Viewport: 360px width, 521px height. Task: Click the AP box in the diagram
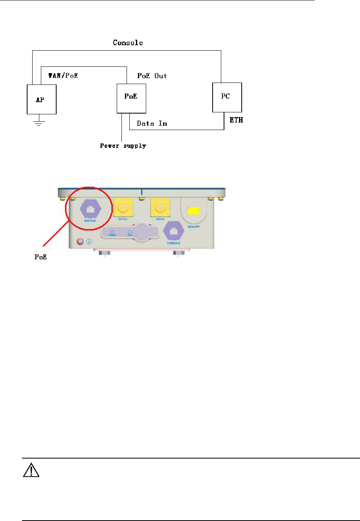pyautogui.click(x=41, y=99)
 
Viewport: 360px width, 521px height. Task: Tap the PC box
pyautogui.click(x=227, y=97)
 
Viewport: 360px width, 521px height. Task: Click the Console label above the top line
pyautogui.click(x=128, y=42)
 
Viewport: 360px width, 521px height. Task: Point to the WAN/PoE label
pyautogui.click(x=63, y=75)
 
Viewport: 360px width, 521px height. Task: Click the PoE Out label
pyautogui.click(x=152, y=76)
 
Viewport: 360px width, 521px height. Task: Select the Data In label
pyautogui.click(x=152, y=123)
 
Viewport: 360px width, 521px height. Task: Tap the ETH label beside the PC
pyautogui.click(x=236, y=120)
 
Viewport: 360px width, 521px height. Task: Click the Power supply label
pyautogui.click(x=123, y=146)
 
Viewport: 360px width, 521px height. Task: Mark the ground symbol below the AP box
pyautogui.click(x=39, y=123)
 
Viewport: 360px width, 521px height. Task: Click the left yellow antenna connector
pyautogui.click(x=123, y=207)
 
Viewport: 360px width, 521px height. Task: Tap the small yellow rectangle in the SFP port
pyautogui.click(x=194, y=211)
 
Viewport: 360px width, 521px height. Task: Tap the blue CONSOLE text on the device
pyautogui.click(x=173, y=243)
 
